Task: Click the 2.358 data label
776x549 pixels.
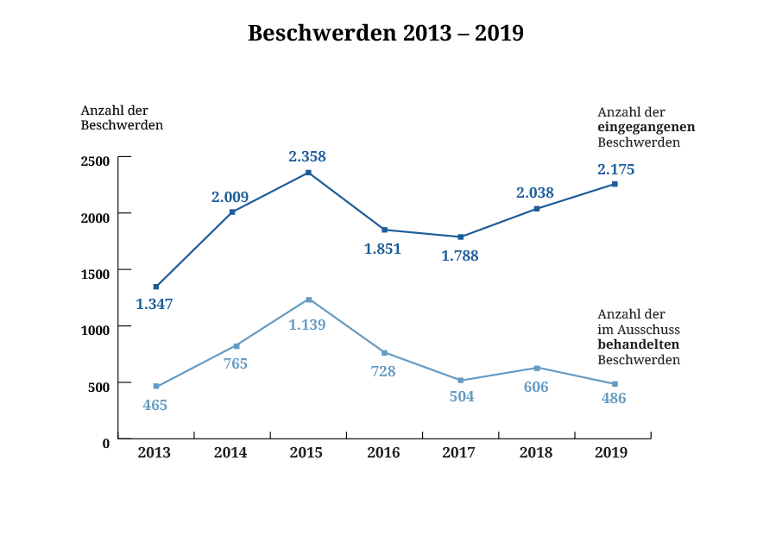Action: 307,157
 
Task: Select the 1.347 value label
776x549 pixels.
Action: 155,304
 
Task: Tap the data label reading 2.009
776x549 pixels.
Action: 230,197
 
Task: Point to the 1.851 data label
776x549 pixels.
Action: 382,249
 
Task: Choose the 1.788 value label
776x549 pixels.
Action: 459,256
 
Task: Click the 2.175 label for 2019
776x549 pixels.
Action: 615,169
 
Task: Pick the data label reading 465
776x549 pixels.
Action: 155,405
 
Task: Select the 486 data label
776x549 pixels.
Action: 613,399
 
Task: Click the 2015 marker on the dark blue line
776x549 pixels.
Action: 308,174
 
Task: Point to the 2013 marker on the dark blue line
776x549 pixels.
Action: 156,287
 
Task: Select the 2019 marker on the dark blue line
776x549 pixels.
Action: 615,184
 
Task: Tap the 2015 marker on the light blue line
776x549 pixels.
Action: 309,300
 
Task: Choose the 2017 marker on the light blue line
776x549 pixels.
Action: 461,381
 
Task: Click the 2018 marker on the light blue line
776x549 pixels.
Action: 537,368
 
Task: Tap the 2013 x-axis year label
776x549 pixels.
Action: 155,452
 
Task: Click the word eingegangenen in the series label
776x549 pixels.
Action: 647,128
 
